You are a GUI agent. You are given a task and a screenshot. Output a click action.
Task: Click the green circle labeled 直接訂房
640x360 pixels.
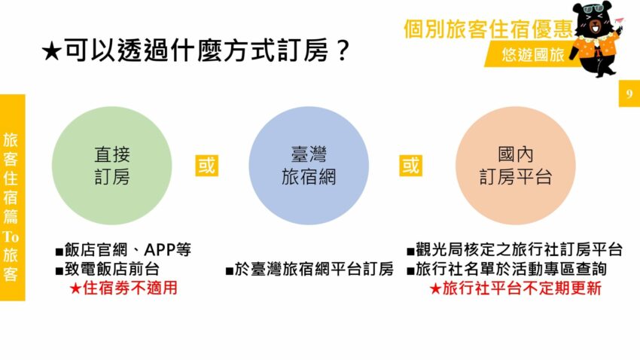(111, 166)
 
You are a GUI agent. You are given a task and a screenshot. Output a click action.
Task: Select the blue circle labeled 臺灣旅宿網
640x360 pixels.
(308, 166)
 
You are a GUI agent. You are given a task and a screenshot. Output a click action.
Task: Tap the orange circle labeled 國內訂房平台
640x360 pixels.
(516, 166)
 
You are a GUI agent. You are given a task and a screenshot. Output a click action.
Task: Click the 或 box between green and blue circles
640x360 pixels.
(206, 165)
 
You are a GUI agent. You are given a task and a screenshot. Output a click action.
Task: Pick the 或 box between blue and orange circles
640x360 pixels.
(410, 165)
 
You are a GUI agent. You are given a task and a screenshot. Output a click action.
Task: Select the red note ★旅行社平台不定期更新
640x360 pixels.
(515, 288)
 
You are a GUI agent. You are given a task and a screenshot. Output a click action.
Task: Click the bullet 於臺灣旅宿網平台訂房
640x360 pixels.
(309, 269)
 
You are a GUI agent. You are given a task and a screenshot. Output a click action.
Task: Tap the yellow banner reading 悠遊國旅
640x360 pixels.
(533, 56)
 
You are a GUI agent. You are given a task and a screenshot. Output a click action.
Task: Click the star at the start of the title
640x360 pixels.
(50, 52)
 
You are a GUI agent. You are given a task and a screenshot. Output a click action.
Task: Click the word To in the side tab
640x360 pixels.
(11, 236)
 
